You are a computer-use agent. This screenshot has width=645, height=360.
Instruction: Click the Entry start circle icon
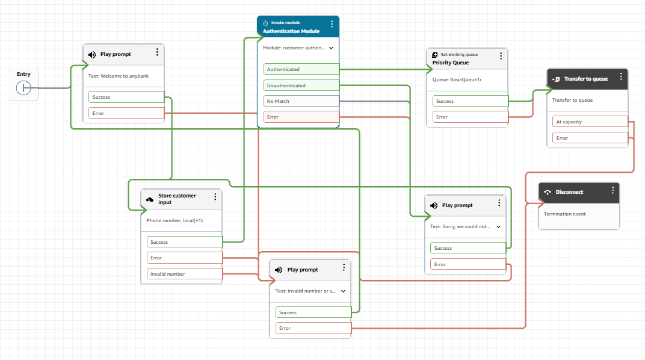pyautogui.click(x=23, y=88)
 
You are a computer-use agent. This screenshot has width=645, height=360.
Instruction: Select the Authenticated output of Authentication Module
pyautogui.click(x=301, y=69)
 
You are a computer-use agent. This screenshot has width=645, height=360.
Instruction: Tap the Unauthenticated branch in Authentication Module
pyautogui.click(x=301, y=85)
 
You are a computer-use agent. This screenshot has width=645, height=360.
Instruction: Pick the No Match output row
pyautogui.click(x=301, y=101)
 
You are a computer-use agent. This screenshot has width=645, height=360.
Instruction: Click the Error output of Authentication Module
pyautogui.click(x=301, y=117)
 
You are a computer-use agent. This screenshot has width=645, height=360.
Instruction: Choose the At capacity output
pyautogui.click(x=590, y=122)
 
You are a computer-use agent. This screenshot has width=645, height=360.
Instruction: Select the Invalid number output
pyautogui.click(x=184, y=274)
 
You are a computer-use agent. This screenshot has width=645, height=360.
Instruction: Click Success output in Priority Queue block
pyautogui.click(x=470, y=101)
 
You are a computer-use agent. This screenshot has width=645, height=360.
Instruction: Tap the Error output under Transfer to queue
pyautogui.click(x=590, y=138)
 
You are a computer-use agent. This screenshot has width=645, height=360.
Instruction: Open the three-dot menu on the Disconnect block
pyautogui.click(x=613, y=190)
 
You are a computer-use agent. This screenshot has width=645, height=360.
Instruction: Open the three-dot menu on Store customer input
pyautogui.click(x=215, y=197)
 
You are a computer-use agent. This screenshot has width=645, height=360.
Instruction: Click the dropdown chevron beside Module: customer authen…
pyautogui.click(x=331, y=47)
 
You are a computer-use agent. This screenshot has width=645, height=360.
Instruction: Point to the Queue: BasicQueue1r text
pyautogui.click(x=457, y=79)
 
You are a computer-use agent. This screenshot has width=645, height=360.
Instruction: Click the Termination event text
pyautogui.click(x=564, y=214)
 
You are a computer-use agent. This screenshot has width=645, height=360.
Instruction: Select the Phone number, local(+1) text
pyautogui.click(x=174, y=220)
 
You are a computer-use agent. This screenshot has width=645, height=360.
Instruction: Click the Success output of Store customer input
pyautogui.click(x=184, y=242)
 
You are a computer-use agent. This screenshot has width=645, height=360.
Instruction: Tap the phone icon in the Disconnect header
pyautogui.click(x=547, y=193)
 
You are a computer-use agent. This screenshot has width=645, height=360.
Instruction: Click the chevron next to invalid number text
pyautogui.click(x=343, y=291)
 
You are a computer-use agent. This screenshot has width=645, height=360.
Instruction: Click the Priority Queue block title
pyautogui.click(x=450, y=63)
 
